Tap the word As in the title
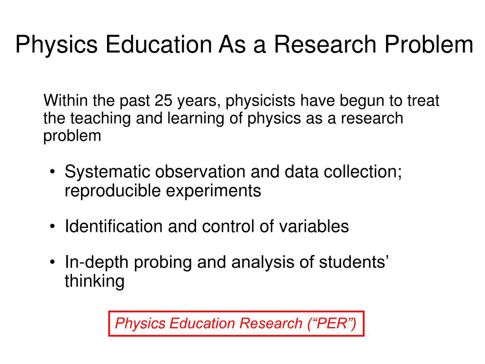(x=232, y=44)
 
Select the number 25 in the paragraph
(x=163, y=100)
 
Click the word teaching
(x=100, y=119)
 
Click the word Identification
(x=114, y=226)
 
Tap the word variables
(x=314, y=226)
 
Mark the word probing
(x=163, y=263)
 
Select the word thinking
(x=95, y=282)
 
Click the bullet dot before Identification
(x=53, y=227)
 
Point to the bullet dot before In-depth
(x=53, y=263)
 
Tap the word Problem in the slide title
(x=429, y=44)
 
